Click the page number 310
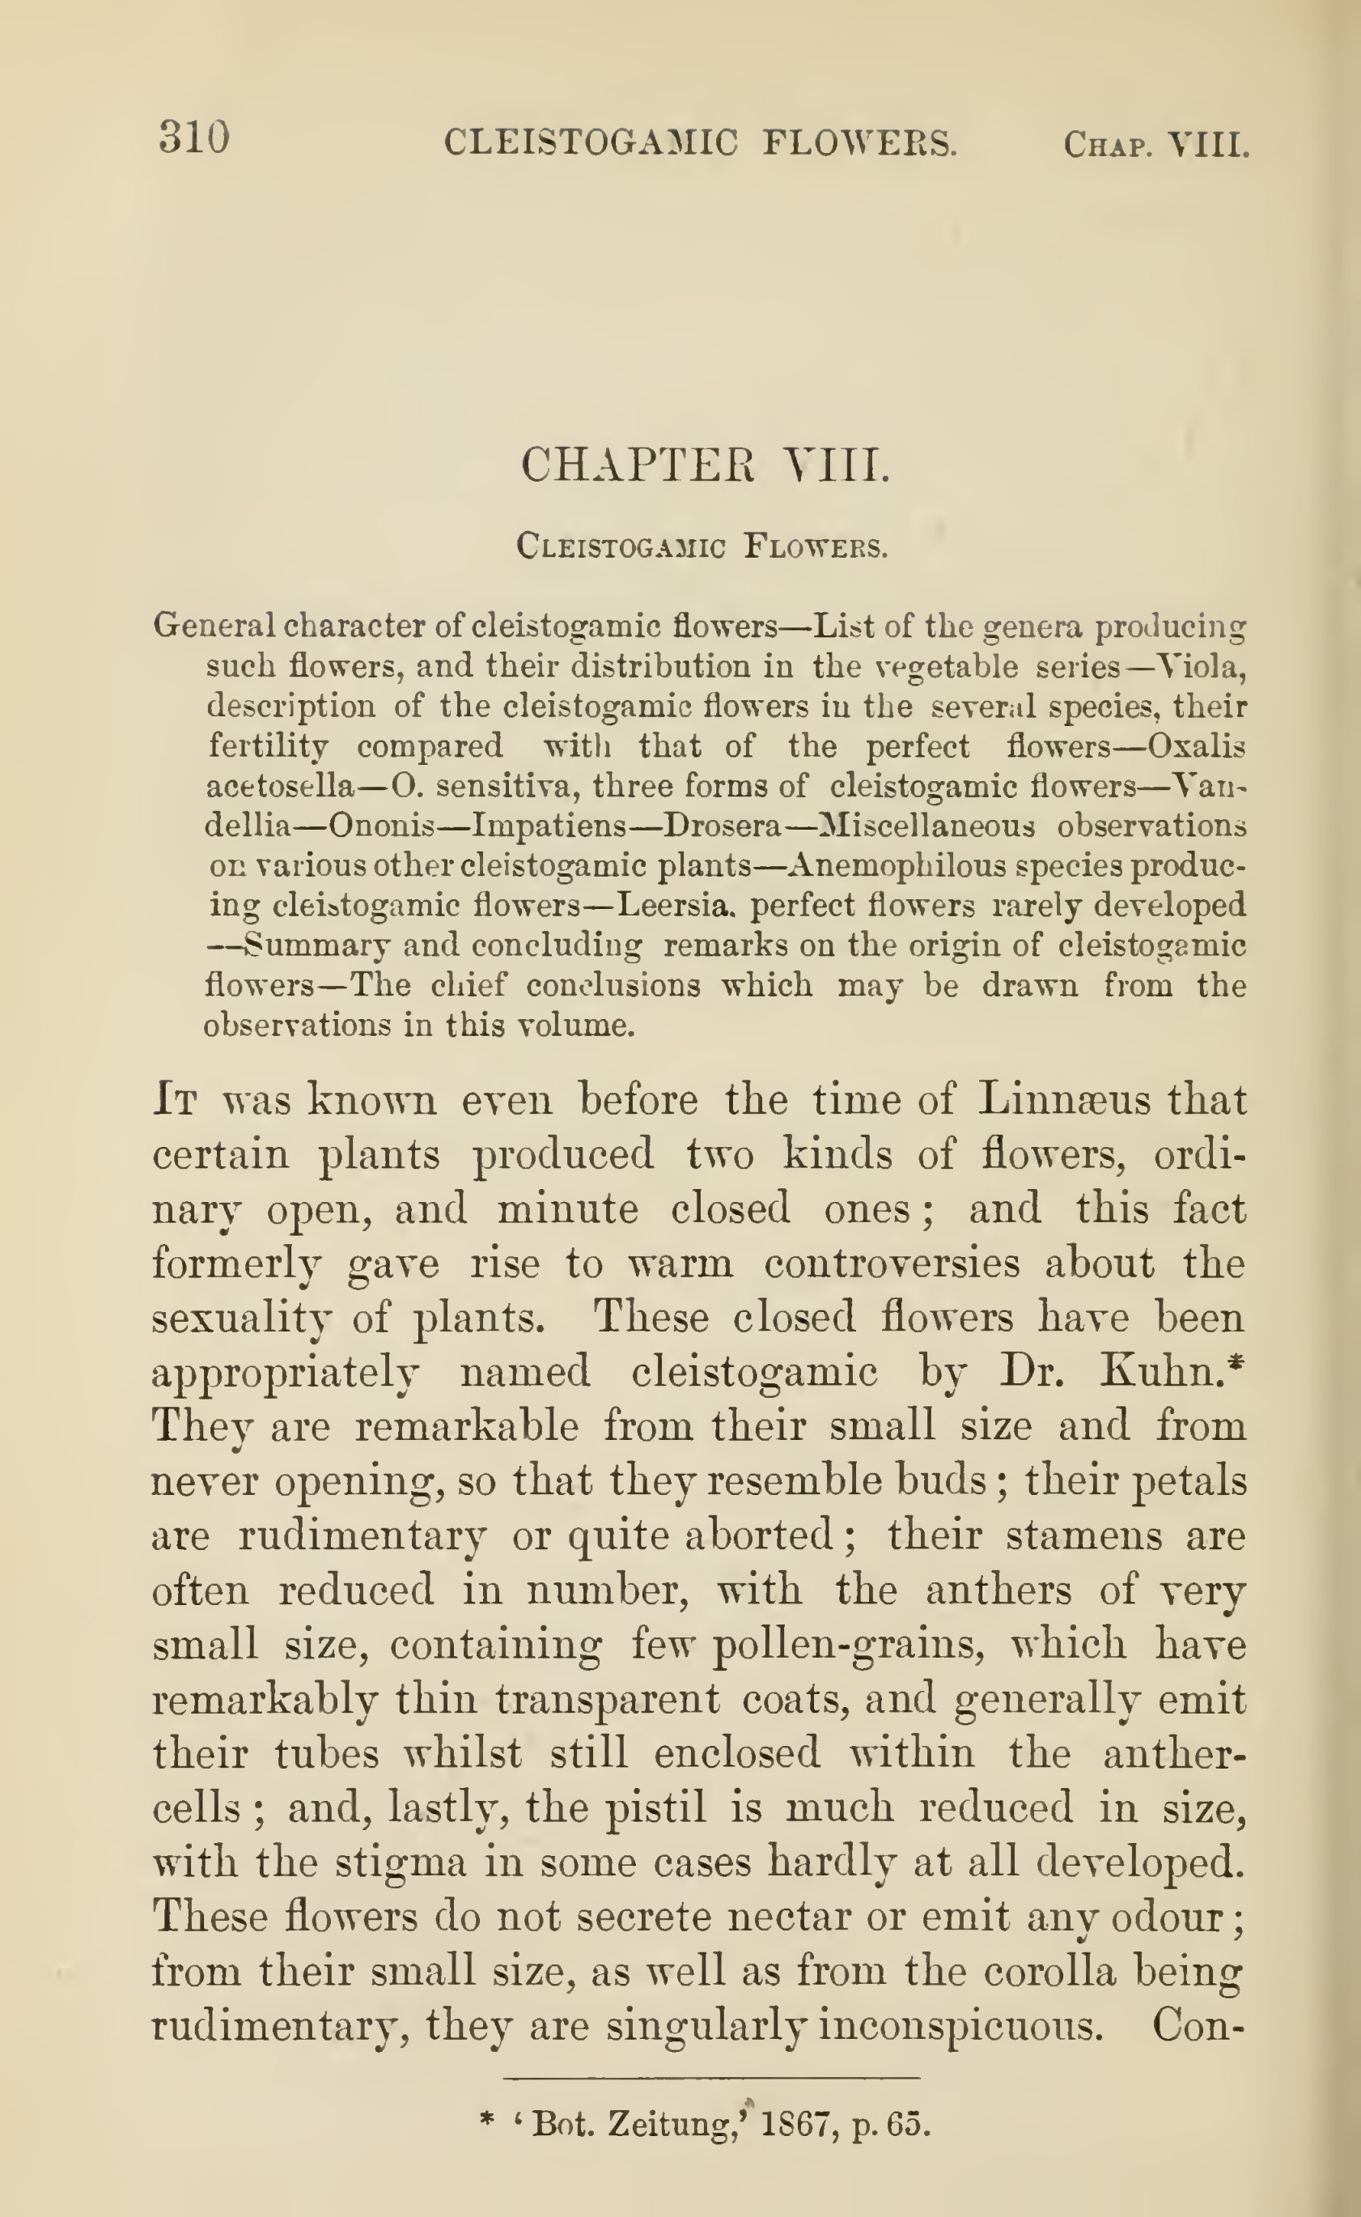pyautogui.click(x=194, y=138)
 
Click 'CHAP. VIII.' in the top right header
pyautogui.click(x=1155, y=144)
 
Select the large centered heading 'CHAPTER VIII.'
pyautogui.click(x=705, y=465)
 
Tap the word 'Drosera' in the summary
pyautogui.click(x=714, y=826)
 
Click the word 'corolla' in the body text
pyautogui.click(x=1049, y=1972)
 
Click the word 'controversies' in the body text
pyautogui.click(x=891, y=1264)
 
